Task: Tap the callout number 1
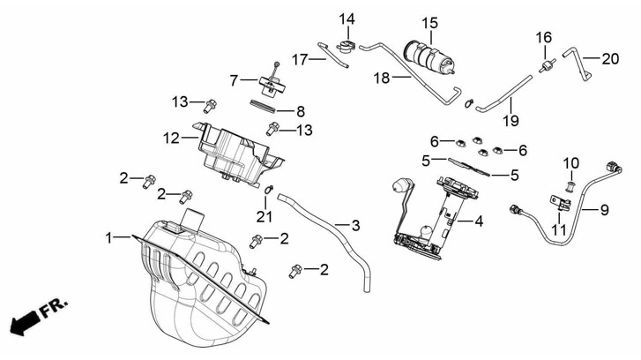[110, 237]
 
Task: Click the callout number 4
[479, 222]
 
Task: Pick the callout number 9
[605, 210]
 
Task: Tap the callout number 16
[544, 37]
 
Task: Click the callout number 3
[355, 227]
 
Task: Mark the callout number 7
[234, 80]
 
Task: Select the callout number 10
[571, 163]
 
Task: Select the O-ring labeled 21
[269, 190]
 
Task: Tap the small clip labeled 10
[570, 185]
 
